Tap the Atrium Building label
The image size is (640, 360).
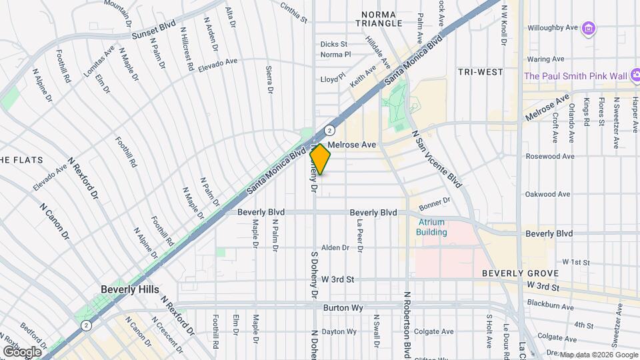pos(431,227)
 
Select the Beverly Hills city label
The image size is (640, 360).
pos(130,289)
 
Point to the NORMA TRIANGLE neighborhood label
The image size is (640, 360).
pos(382,18)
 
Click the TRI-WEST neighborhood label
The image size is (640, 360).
pos(480,71)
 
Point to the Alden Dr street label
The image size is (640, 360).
pos(335,247)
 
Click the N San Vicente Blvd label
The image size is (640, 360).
pos(437,158)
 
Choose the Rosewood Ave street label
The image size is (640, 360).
pos(549,157)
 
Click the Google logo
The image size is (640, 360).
pos(22,351)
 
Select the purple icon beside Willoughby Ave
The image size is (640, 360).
pos(588,28)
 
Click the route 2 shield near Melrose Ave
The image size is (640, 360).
pos(329,130)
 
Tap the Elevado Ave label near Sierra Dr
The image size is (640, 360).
pos(217,62)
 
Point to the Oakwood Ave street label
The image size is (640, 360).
pos(548,195)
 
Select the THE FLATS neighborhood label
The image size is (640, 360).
pos(21,160)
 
